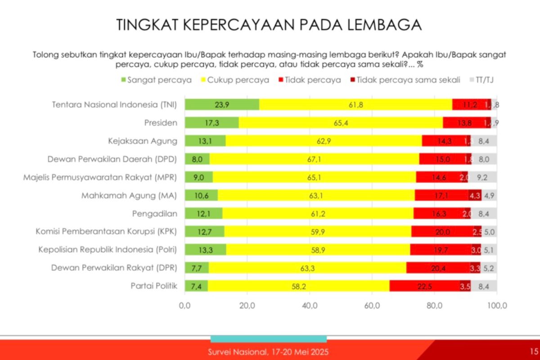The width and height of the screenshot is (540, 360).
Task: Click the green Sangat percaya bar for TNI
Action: point(222,104)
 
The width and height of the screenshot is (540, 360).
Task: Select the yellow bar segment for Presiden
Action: point(340,122)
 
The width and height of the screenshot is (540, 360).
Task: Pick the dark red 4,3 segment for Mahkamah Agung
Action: point(474,195)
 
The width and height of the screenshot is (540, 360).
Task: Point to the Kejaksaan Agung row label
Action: point(143,141)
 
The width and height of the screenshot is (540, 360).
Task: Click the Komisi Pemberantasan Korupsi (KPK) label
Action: point(107,232)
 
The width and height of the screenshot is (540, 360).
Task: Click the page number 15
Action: point(533,351)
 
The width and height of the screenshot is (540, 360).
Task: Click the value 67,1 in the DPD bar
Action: point(315,159)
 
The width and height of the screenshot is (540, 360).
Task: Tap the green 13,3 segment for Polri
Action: point(205,250)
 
